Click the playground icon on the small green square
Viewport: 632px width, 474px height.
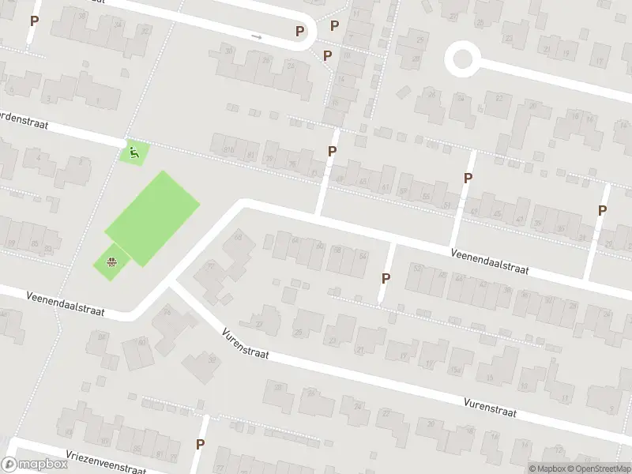click(133, 151)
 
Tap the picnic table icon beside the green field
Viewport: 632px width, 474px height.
click(112, 261)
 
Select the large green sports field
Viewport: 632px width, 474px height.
click(152, 216)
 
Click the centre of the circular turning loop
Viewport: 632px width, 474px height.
click(462, 59)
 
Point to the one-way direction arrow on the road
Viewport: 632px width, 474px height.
click(256, 36)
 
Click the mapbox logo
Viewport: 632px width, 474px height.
click(33, 465)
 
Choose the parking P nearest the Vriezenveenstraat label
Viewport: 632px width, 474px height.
click(201, 445)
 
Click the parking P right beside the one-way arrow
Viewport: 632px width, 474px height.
click(299, 32)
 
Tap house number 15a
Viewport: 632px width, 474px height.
click(455, 370)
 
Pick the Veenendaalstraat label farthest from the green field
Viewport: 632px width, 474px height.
click(490, 262)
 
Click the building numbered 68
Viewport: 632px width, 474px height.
click(238, 235)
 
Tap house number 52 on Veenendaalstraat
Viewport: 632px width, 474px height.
click(417, 268)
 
